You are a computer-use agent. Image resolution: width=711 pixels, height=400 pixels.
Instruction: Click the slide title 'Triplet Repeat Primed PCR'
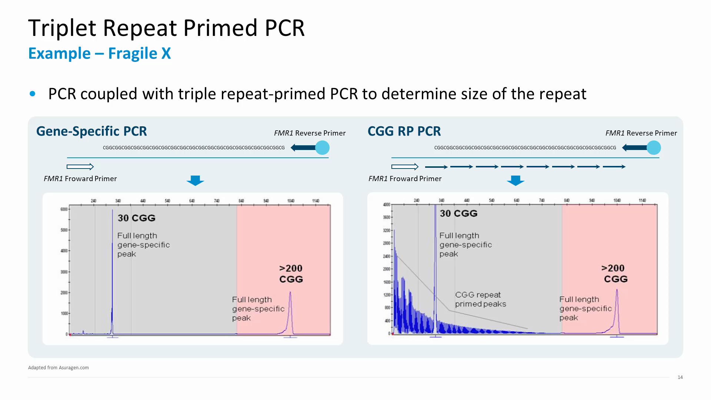pyautogui.click(x=166, y=28)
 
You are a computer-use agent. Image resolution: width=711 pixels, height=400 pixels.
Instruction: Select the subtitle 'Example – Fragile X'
pyautogui.click(x=99, y=53)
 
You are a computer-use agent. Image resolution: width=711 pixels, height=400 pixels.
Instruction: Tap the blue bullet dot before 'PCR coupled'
pyautogui.click(x=33, y=94)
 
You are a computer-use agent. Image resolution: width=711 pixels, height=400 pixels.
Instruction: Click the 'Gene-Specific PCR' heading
pyautogui.click(x=91, y=131)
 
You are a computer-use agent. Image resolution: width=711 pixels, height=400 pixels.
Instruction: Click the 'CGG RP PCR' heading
pyautogui.click(x=404, y=131)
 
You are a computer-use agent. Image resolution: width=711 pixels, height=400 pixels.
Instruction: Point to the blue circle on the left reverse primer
pyautogui.click(x=322, y=148)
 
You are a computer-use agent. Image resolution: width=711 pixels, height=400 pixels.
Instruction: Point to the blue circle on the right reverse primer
pyautogui.click(x=654, y=148)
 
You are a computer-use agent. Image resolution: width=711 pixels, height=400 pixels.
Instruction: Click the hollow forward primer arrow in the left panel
pyautogui.click(x=80, y=167)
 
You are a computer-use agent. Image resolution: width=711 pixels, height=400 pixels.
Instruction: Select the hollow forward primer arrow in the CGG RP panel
pyautogui.click(x=405, y=167)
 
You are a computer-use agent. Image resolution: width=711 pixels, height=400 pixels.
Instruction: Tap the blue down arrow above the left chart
pyautogui.click(x=195, y=180)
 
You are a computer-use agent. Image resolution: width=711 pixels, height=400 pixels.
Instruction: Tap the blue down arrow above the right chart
pyautogui.click(x=515, y=180)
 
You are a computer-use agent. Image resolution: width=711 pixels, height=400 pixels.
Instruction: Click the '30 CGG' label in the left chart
pyautogui.click(x=136, y=218)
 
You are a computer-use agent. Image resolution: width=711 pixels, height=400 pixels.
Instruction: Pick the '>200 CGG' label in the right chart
pyautogui.click(x=614, y=273)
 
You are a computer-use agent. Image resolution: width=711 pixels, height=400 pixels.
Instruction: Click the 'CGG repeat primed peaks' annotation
pyautogui.click(x=480, y=299)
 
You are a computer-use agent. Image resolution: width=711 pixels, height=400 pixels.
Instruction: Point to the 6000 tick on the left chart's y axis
pyautogui.click(x=64, y=209)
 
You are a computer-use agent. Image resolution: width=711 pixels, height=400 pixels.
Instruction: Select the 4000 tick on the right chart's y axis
pyautogui.click(x=387, y=204)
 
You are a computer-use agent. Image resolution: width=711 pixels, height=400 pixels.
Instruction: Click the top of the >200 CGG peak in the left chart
pyautogui.click(x=290, y=293)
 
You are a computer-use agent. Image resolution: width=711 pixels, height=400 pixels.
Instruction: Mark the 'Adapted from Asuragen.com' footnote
pyautogui.click(x=59, y=368)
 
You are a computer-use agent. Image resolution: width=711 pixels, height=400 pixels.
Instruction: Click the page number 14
pyautogui.click(x=680, y=377)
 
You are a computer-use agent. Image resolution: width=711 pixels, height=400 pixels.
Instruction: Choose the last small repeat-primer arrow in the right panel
pyautogui.click(x=614, y=167)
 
